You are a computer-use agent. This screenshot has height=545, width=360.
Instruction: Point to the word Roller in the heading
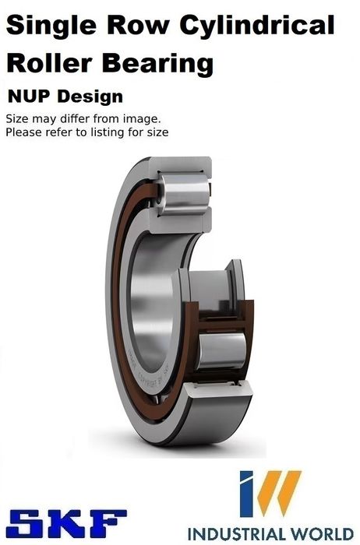(49, 63)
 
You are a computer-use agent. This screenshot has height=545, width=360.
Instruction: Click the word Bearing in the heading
(158, 65)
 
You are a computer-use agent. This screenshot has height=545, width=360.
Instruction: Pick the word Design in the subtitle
(90, 97)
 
